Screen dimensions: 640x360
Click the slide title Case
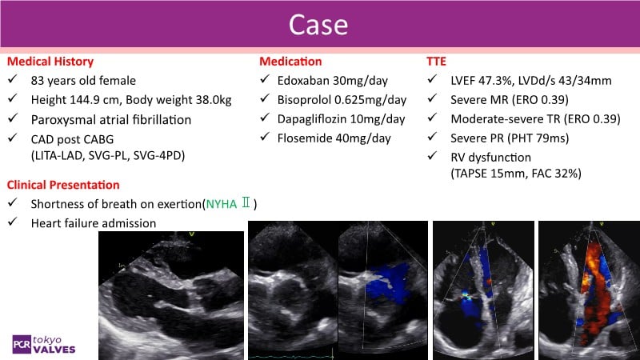318,25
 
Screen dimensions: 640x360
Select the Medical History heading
50,62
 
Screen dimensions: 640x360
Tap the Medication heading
290,62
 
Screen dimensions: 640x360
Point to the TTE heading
436,62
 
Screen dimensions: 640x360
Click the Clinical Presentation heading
63,185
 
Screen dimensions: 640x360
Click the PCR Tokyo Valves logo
44,345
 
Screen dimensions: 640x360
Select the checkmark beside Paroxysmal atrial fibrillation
13,118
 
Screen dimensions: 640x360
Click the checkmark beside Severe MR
432,98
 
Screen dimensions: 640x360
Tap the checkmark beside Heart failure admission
13,222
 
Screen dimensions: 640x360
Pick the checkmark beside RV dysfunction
432,156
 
